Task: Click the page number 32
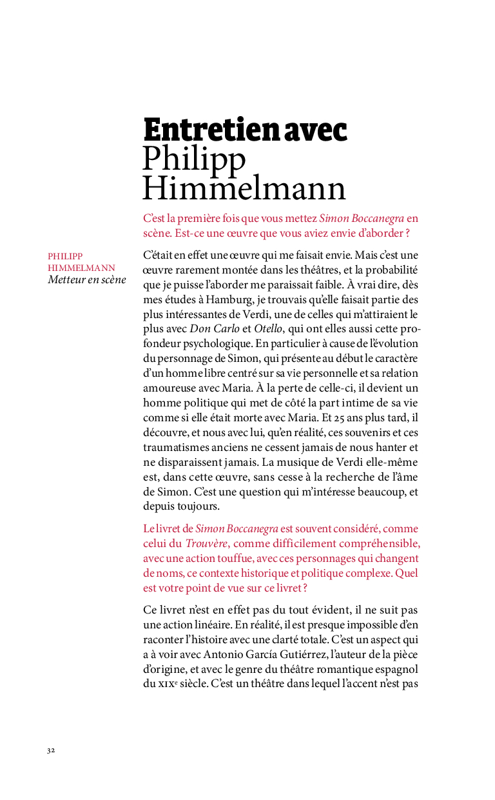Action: (51, 750)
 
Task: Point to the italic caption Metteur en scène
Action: (87, 280)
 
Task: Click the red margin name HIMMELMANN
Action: (81, 268)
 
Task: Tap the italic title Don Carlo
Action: (218, 329)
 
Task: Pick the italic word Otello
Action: (268, 329)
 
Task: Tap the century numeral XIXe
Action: (167, 683)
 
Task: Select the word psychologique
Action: (224, 344)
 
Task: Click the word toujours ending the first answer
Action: (200, 506)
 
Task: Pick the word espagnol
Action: (397, 668)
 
